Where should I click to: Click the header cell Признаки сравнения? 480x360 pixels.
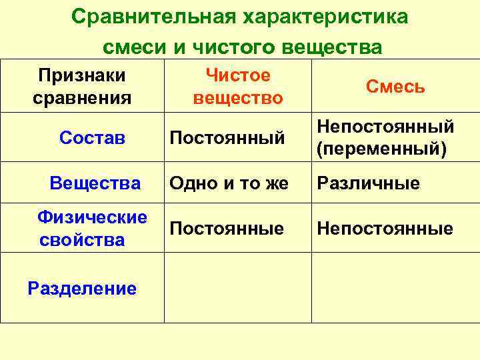click(82, 87)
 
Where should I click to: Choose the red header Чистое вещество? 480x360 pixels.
click(238, 87)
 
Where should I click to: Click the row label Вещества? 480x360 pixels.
click(95, 183)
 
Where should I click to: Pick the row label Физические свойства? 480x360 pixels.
click(92, 228)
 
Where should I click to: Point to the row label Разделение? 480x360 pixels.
click(82, 288)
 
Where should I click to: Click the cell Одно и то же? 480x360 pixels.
click(229, 183)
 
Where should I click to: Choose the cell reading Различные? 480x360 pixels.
click(368, 183)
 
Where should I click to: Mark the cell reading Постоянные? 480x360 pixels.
click(227, 229)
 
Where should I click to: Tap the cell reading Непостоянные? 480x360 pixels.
click(385, 229)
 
